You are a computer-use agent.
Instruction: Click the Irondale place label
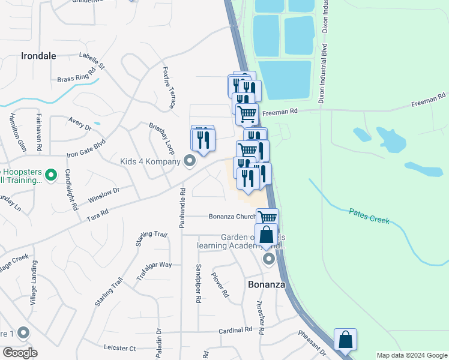38,56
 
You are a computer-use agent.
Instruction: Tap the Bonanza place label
266,284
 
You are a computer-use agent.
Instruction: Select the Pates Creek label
369,216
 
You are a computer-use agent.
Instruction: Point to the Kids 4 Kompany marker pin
190,161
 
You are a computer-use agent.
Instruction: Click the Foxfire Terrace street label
168,86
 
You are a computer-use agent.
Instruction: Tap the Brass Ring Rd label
77,76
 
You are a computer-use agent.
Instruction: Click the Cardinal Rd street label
235,330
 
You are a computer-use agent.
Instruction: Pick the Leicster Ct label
119,347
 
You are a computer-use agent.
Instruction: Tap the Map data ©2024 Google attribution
411,355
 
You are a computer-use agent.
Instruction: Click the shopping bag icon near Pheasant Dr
345,340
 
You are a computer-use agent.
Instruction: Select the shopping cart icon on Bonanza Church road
267,218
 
